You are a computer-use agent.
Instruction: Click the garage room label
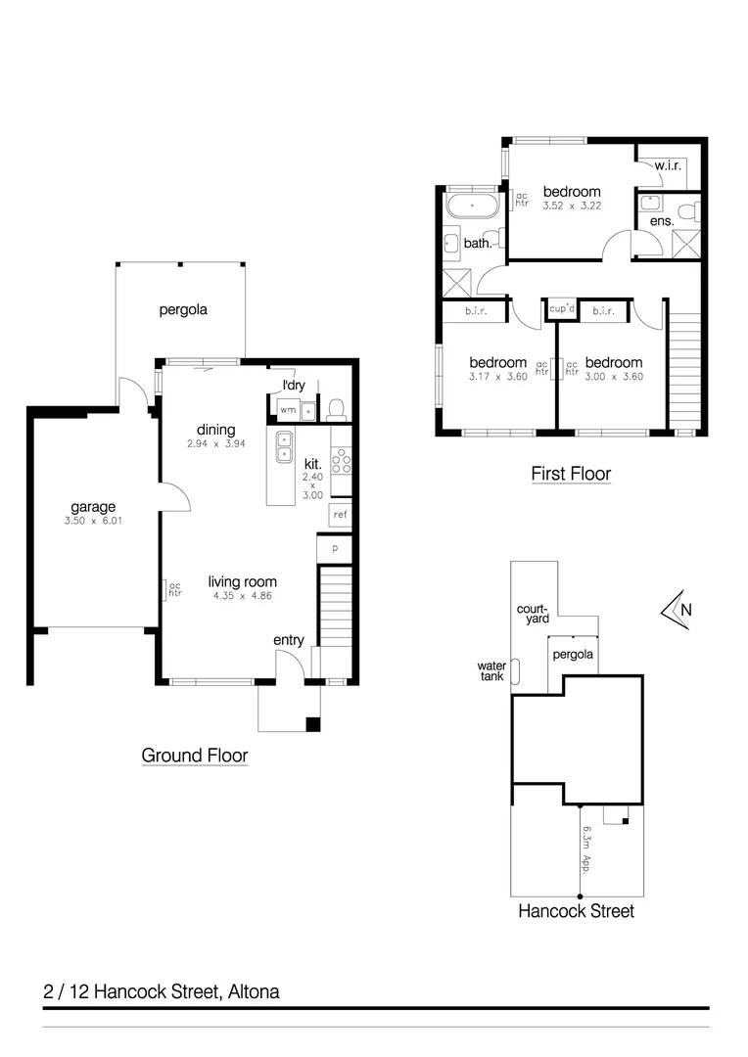tap(93, 506)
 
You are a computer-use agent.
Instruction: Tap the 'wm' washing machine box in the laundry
tap(288, 410)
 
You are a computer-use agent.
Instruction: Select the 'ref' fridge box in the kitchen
tap(340, 514)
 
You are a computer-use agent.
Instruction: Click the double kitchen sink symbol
tap(284, 446)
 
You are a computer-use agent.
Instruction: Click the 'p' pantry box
tap(334, 549)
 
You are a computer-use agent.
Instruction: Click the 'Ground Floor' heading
tap(194, 756)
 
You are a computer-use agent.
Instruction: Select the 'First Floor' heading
tap(571, 474)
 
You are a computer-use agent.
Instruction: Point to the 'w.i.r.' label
tap(668, 164)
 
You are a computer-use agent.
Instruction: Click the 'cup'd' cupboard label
tap(561, 309)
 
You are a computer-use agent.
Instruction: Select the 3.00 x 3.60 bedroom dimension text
tap(614, 377)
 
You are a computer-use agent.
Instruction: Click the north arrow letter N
tap(686, 610)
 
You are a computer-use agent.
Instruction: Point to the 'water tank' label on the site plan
tap(491, 669)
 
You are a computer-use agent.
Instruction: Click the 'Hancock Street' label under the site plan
tap(576, 911)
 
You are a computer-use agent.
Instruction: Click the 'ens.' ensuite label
tap(650, 222)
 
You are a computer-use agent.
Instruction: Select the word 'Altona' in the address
tap(253, 991)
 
